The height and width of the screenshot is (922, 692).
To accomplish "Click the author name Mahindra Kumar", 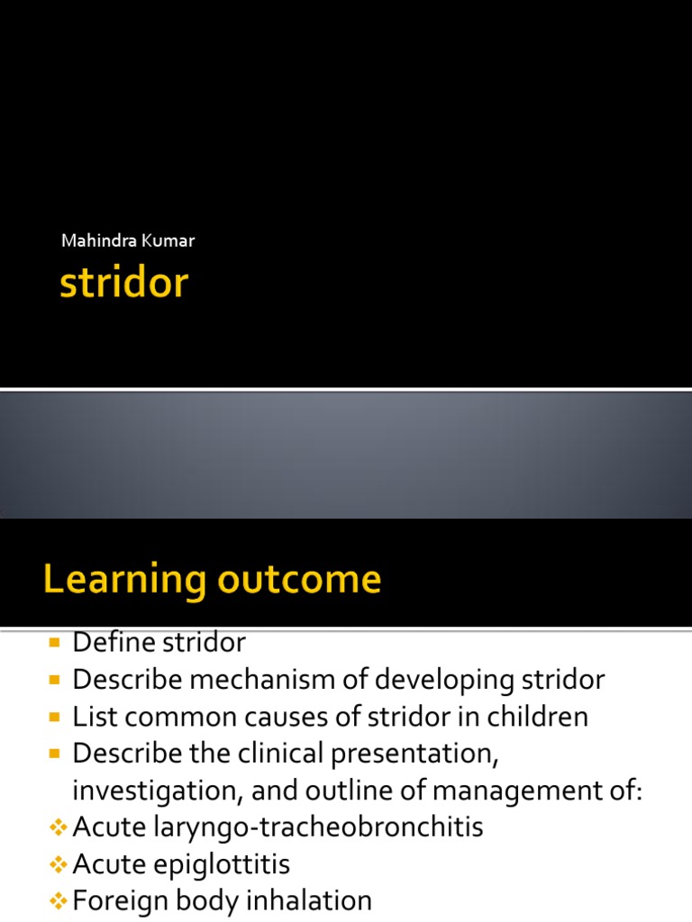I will [x=127, y=240].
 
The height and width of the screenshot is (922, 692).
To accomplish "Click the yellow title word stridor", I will [x=123, y=284].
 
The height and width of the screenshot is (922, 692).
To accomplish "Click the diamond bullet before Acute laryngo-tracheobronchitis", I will [x=59, y=827].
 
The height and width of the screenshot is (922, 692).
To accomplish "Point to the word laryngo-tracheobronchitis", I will [x=325, y=827].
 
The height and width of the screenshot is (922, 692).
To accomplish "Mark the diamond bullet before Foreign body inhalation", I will [x=59, y=900].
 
